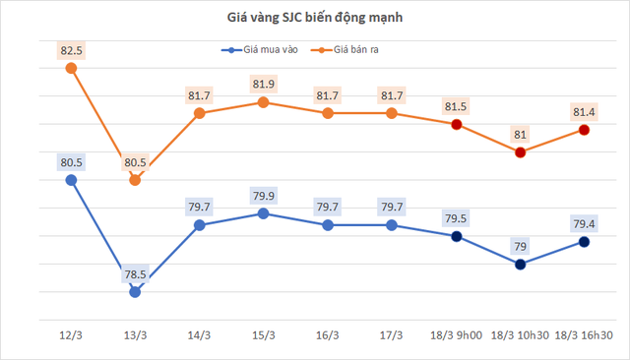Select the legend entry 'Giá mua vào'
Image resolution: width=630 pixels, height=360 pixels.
tap(257, 49)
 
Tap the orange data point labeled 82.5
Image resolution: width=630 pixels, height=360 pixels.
tap(71, 68)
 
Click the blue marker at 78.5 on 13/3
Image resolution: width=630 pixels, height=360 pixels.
tap(135, 292)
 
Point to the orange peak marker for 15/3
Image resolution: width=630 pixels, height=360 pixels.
tap(263, 101)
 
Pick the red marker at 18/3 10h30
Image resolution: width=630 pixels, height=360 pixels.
tap(520, 152)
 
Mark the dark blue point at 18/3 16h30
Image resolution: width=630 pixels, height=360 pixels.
tap(584, 241)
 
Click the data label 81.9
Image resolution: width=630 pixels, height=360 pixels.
tap(263, 84)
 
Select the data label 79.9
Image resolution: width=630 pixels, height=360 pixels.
tap(263, 195)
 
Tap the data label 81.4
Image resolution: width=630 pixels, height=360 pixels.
tap(584, 111)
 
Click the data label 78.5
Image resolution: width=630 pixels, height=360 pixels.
tap(135, 274)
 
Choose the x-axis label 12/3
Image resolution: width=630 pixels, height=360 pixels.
tap(71, 335)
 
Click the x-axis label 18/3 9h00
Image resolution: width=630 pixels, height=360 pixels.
tap(456, 335)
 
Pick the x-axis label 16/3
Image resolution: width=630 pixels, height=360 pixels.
tap(327, 335)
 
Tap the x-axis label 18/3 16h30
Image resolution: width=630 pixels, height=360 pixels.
tap(584, 335)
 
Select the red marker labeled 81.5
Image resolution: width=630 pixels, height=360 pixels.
tap(456, 124)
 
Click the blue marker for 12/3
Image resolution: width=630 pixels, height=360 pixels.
tap(71, 180)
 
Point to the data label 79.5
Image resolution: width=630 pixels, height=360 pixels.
tap(456, 218)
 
